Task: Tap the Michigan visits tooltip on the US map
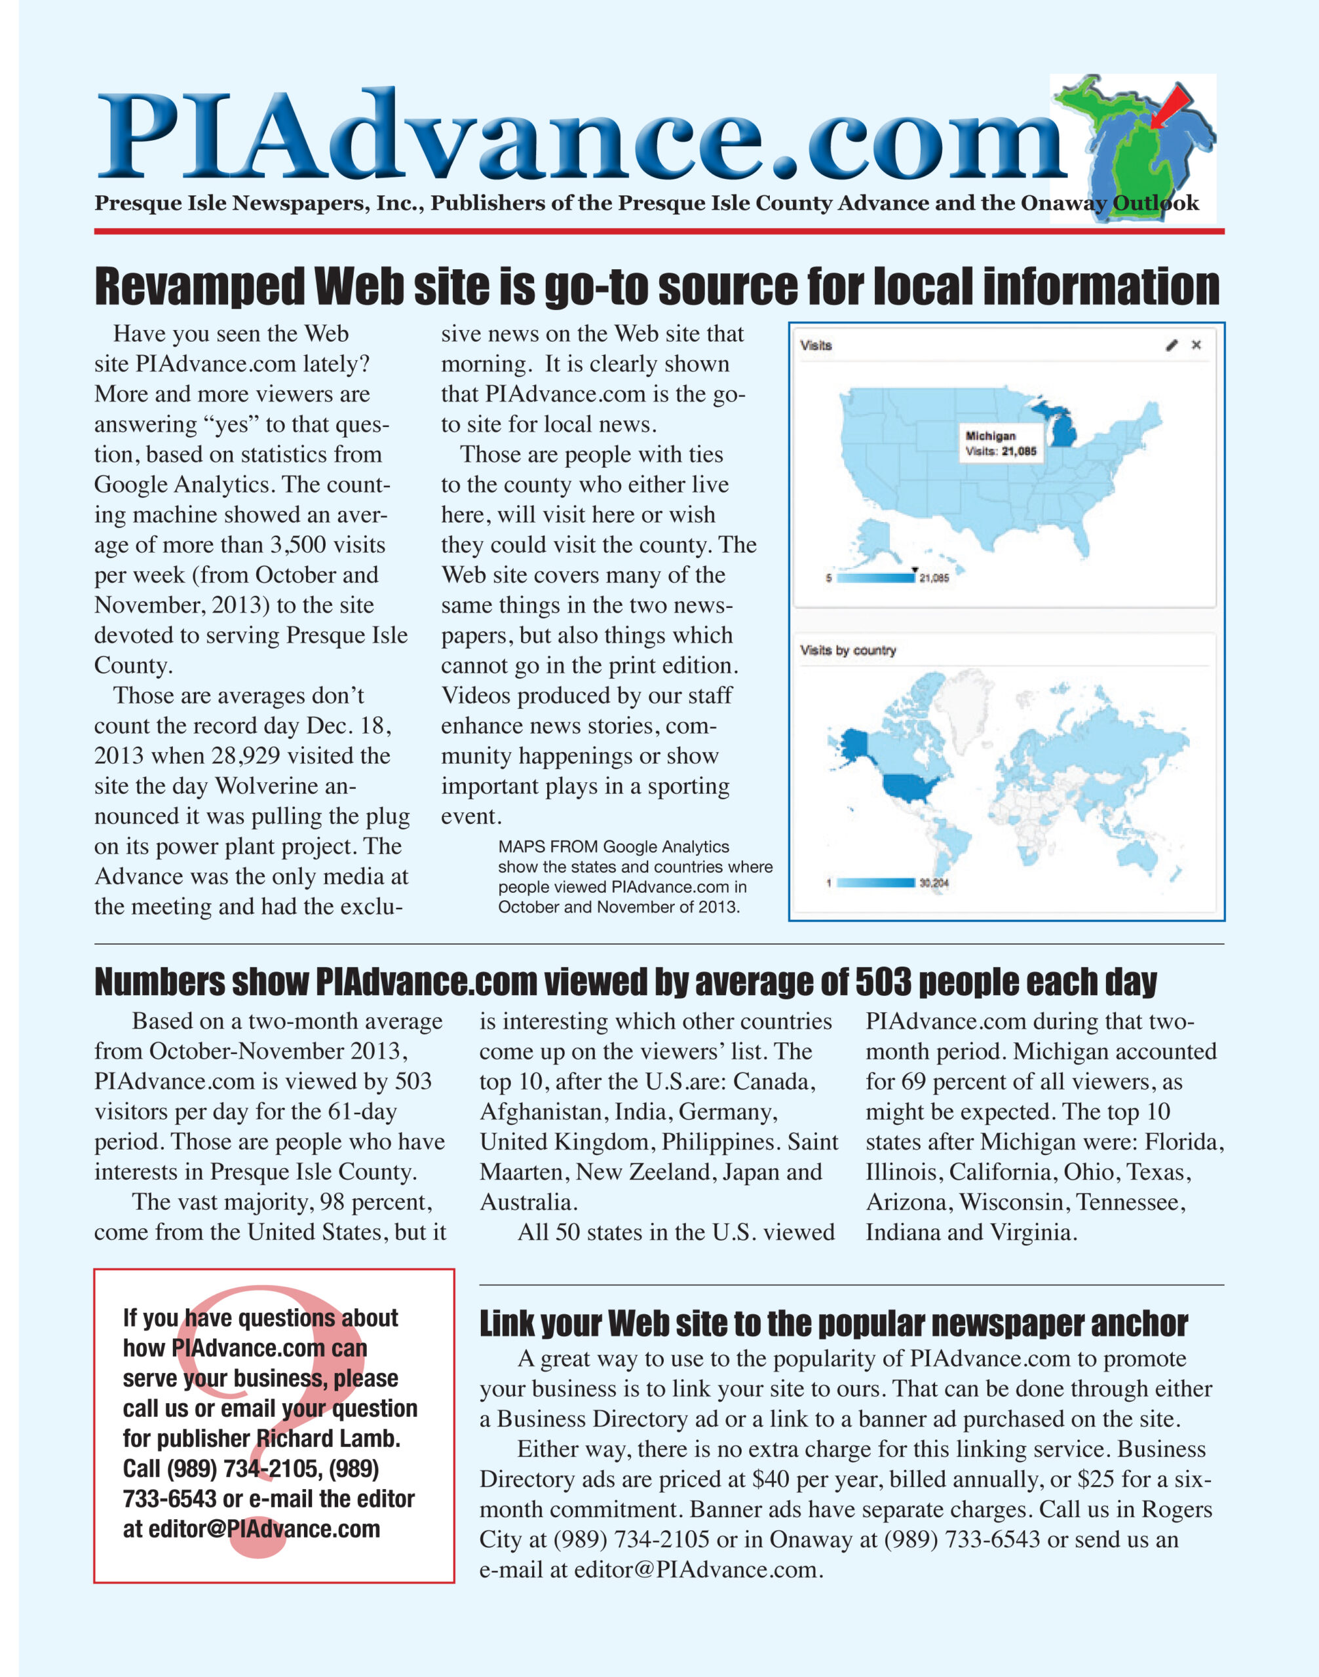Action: point(1001,443)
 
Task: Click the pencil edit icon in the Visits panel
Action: point(1172,345)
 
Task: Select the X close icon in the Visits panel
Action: point(1196,345)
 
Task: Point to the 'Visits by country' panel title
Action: point(848,650)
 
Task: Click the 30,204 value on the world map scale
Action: point(934,882)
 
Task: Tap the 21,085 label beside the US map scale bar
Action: point(934,578)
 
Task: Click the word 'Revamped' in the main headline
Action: point(199,286)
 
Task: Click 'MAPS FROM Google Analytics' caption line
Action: point(613,847)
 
